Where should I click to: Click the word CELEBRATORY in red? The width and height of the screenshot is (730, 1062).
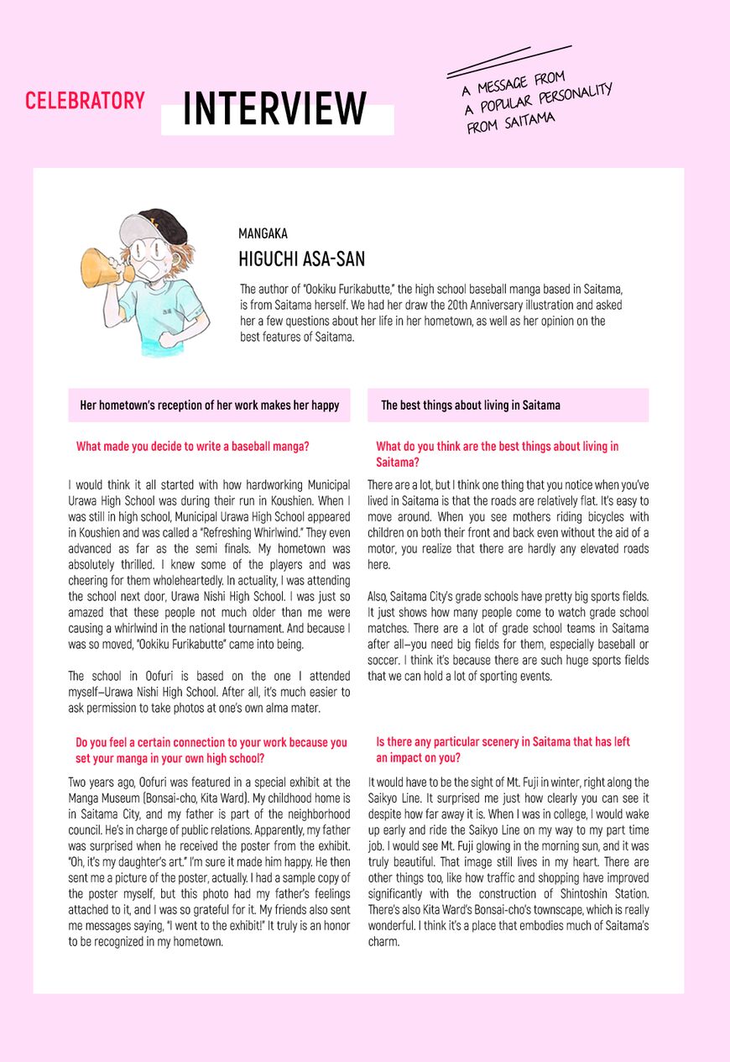[85, 101]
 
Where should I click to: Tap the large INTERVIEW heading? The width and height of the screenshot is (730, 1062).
[275, 108]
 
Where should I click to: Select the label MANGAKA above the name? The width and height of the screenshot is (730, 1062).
[263, 234]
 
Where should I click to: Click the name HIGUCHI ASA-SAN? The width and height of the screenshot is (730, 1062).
[301, 259]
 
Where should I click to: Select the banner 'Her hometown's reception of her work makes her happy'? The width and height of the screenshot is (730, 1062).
[209, 405]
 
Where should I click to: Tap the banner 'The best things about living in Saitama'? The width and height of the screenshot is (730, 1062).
[471, 405]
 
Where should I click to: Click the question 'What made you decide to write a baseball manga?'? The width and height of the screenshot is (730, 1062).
[192, 447]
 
